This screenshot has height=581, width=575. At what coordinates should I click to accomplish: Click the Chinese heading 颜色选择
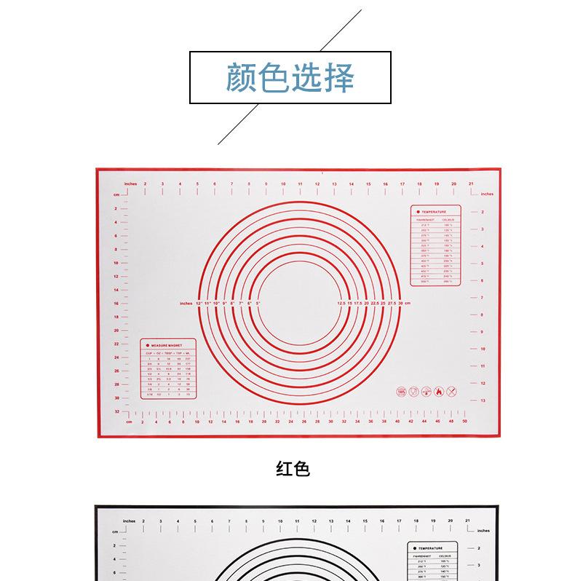pyautogui.click(x=290, y=79)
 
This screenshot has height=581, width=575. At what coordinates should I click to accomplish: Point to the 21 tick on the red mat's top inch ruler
pyautogui.click(x=472, y=183)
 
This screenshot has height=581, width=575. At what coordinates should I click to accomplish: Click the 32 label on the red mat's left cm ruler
pyautogui.click(x=116, y=411)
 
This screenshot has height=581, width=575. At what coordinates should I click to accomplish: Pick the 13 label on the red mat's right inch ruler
pyautogui.click(x=483, y=400)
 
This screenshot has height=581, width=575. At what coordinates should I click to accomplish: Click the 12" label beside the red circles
pyautogui.click(x=199, y=302)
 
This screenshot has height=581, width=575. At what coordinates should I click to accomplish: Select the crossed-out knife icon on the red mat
pyautogui.click(x=451, y=391)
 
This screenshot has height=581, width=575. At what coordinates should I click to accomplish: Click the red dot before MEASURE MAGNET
pyautogui.click(x=147, y=344)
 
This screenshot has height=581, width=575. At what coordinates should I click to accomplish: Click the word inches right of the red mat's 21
pyautogui.click(x=487, y=194)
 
